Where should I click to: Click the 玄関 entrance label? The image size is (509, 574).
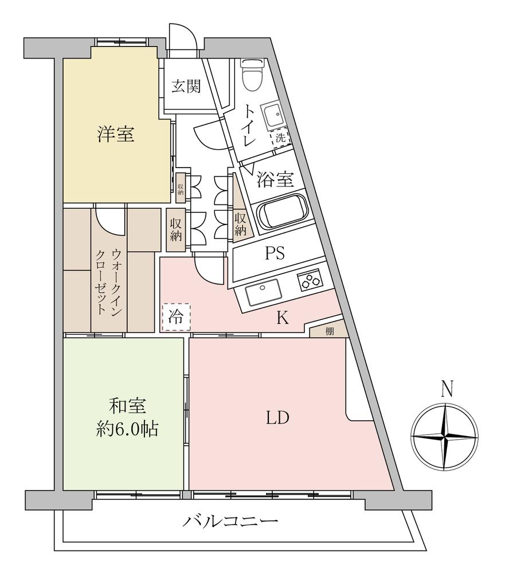pos(186,87)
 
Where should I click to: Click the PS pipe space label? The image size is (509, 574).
pos(275,253)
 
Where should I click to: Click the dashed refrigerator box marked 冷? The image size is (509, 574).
pos(175,317)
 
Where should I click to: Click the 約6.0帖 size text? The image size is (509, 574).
pos(127,430)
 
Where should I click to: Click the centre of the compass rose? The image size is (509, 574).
pos(445,435)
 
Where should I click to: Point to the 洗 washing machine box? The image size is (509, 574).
pos(280,137)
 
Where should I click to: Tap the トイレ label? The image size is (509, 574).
pos(249,123)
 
